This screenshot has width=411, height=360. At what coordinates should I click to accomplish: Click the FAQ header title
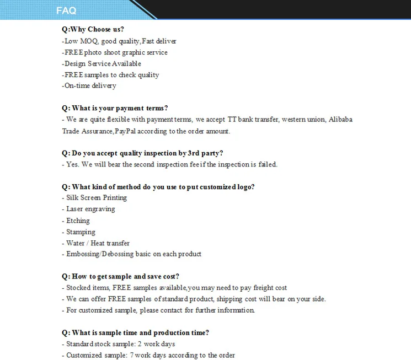tap(66, 10)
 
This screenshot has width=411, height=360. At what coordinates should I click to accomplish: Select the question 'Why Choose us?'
tap(93, 29)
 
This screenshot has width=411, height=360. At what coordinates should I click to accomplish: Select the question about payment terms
tap(115, 108)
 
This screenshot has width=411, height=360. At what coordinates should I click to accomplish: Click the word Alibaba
tap(340, 119)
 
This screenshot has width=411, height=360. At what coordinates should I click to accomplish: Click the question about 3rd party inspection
tap(142, 153)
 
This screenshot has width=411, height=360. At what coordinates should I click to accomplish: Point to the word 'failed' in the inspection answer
tap(267, 164)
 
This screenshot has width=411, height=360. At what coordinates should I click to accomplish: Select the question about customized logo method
tap(158, 187)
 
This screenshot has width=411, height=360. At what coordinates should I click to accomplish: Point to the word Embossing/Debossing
tap(97, 254)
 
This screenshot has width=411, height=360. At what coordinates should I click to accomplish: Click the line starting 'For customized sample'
tap(158, 310)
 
